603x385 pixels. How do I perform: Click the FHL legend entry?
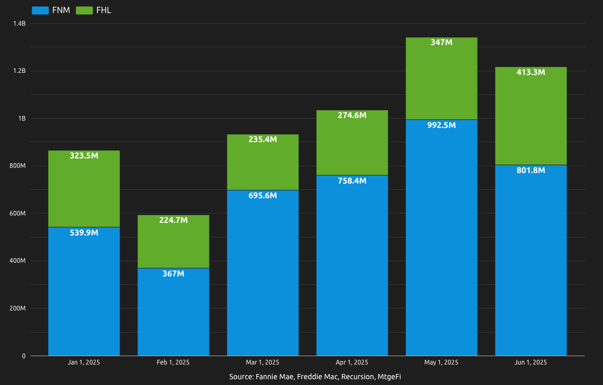pyautogui.click(x=94, y=10)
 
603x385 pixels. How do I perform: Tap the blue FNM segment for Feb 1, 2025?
pyautogui.click(x=173, y=315)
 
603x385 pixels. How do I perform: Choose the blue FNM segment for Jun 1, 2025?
pyautogui.click(x=531, y=262)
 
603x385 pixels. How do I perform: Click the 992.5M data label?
pyautogui.click(x=441, y=125)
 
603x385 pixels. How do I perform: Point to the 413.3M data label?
pyautogui.click(x=531, y=72)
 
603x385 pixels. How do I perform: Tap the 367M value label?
pyautogui.click(x=173, y=274)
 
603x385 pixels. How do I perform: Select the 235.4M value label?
pyautogui.click(x=262, y=140)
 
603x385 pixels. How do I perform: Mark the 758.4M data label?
pyautogui.click(x=352, y=181)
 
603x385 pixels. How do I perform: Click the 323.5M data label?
pyautogui.click(x=84, y=156)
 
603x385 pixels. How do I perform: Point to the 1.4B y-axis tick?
pyautogui.click(x=19, y=24)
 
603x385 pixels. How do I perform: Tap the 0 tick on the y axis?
pyautogui.click(x=24, y=356)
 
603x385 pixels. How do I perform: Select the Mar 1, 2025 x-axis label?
pyautogui.click(x=262, y=362)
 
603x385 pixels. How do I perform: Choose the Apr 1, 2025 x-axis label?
pyautogui.click(x=352, y=362)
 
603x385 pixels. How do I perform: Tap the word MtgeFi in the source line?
pyautogui.click(x=389, y=377)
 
